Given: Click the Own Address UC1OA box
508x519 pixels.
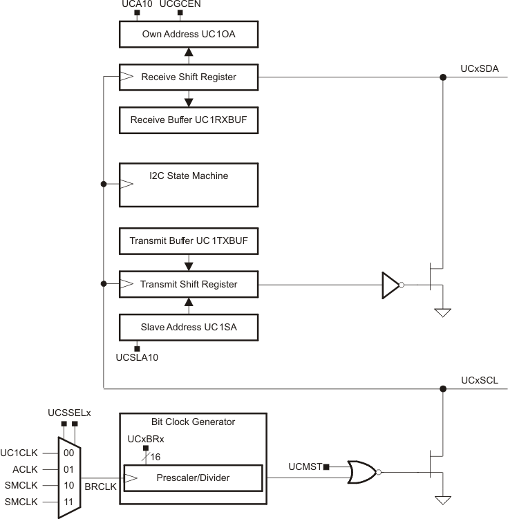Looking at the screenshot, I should tap(189, 33).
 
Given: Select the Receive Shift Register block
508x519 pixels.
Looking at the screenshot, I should tap(189, 77).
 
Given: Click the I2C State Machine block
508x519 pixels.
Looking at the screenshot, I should tap(189, 185).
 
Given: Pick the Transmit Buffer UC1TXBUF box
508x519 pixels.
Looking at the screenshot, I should tap(189, 241).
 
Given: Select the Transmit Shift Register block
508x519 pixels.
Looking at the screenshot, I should tap(189, 284).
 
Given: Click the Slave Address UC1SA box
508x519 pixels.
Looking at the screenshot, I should tap(189, 327).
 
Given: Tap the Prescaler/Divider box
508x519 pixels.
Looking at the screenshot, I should tap(193, 477).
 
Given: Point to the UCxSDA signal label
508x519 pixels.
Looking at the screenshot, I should tap(479, 68).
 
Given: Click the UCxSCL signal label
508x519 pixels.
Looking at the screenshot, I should tap(479, 380).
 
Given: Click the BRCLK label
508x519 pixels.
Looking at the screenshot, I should tap(100, 487).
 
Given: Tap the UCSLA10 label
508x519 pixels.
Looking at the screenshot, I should tap(137, 357).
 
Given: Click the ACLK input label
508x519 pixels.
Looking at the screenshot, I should tap(26, 469).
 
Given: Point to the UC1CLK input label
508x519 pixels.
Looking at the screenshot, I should tap(23, 453).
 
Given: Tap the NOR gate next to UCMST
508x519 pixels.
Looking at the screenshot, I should tap(361, 473).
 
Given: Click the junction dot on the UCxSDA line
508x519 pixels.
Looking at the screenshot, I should tap(443, 77).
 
